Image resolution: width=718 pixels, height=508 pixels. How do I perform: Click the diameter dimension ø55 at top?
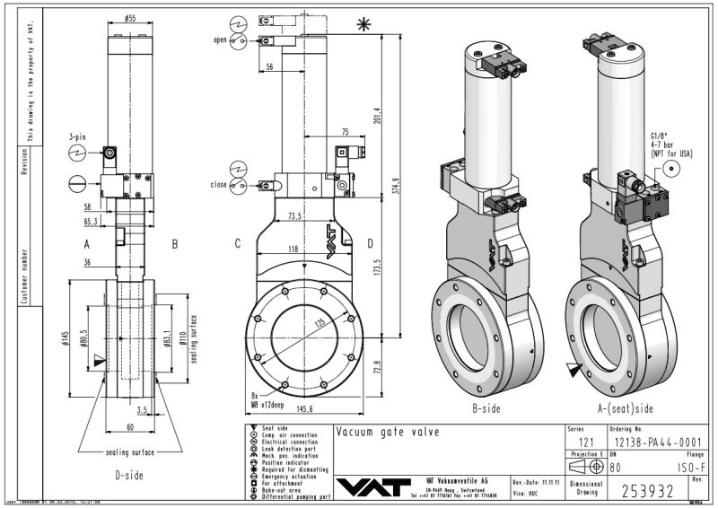[x=130, y=17]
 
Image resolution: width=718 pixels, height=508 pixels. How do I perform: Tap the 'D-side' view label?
[x=129, y=474]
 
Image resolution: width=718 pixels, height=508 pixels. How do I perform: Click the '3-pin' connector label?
[x=78, y=136]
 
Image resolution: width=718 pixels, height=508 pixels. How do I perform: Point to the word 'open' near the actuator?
[x=221, y=40]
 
